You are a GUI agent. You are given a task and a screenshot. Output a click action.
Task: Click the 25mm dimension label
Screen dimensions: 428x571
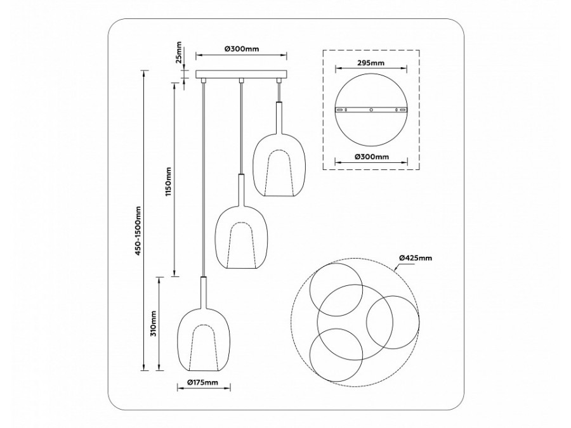pyautogui.click(x=180, y=54)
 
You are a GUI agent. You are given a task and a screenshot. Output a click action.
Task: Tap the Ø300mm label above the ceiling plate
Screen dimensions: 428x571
pyautogui.click(x=240, y=49)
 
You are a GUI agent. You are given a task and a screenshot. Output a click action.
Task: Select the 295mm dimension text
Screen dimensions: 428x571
pyautogui.click(x=371, y=63)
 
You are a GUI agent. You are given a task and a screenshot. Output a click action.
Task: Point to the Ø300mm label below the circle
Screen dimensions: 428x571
pyautogui.click(x=371, y=156)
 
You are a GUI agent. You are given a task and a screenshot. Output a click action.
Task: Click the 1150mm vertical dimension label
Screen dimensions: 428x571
pyautogui.click(x=169, y=182)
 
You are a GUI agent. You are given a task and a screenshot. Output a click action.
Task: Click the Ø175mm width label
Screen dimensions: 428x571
pyautogui.click(x=203, y=382)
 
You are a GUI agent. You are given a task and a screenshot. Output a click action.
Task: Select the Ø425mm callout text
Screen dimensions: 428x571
pyautogui.click(x=416, y=257)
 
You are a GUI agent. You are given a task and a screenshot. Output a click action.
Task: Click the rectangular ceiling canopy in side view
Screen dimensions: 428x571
pyautogui.click(x=241, y=75)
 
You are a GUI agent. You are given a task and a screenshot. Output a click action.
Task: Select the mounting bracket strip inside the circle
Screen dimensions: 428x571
pyautogui.click(x=371, y=110)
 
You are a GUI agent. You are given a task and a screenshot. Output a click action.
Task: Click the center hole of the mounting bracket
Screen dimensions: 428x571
pyautogui.click(x=371, y=110)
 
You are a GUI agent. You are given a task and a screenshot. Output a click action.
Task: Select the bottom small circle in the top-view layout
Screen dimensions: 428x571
pyautogui.click(x=336, y=355)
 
